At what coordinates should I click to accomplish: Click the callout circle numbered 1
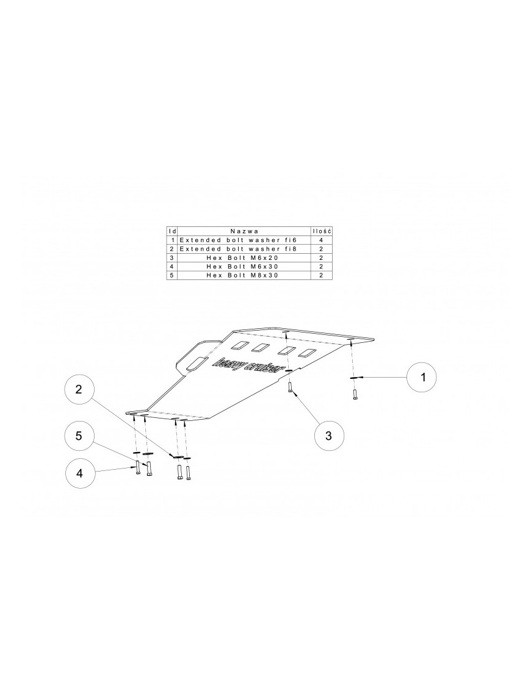point(422,377)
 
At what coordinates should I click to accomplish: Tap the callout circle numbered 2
point(79,389)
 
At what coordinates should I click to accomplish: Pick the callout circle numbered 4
point(80,473)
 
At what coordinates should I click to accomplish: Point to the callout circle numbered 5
point(79,435)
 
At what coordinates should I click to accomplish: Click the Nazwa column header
point(244,231)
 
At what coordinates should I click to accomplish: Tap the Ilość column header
point(322,231)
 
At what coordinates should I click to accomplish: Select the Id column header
point(173,231)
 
